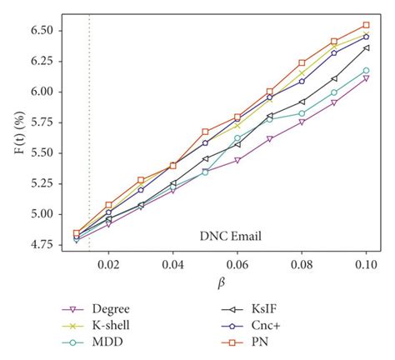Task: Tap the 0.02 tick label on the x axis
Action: (108, 264)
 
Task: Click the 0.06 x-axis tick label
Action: (237, 264)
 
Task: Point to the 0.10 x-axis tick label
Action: (366, 264)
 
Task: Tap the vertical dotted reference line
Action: (89, 133)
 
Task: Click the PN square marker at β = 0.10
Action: (366, 25)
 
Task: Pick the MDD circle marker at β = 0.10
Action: (366, 71)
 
